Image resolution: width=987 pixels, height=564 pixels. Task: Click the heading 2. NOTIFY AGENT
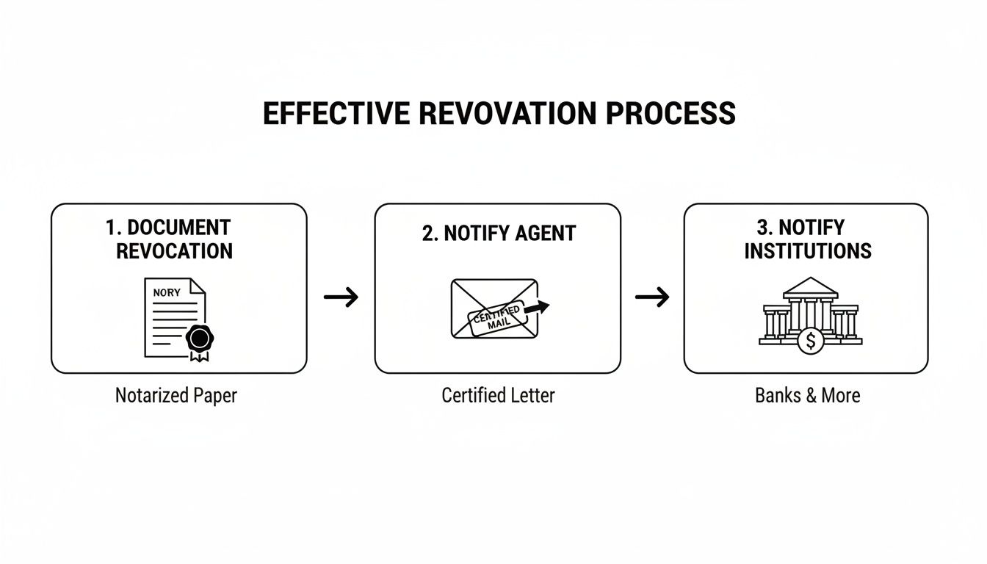(x=499, y=234)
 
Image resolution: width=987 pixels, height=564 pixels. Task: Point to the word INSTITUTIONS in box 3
(x=808, y=251)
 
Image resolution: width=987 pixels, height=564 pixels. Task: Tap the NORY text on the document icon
(x=166, y=292)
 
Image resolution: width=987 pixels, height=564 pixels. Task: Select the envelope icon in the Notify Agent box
(x=493, y=308)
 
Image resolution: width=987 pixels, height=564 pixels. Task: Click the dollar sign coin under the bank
(x=811, y=341)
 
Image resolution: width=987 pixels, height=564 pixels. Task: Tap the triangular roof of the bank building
(x=811, y=286)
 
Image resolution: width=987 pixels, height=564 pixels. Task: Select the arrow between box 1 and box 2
(x=341, y=297)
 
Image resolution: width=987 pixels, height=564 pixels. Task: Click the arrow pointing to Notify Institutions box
(x=652, y=297)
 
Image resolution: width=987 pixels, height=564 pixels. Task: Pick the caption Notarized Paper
(x=176, y=396)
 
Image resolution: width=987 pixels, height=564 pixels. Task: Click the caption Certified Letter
(x=498, y=396)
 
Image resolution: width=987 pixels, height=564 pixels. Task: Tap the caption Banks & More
(x=807, y=396)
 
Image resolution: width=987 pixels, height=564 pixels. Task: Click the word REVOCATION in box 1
(x=174, y=251)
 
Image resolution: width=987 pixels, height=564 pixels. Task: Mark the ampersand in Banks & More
(x=811, y=396)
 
